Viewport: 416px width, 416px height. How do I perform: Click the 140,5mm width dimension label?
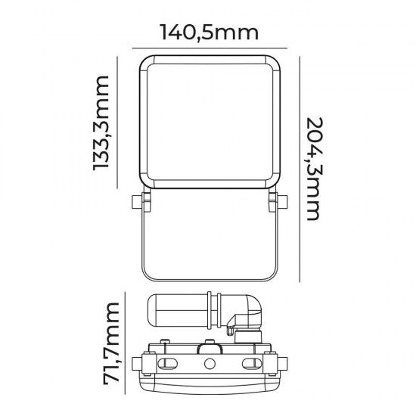(x=208, y=33)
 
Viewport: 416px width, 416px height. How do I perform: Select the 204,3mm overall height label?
(x=317, y=167)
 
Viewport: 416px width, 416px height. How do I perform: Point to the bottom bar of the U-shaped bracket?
(x=207, y=277)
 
